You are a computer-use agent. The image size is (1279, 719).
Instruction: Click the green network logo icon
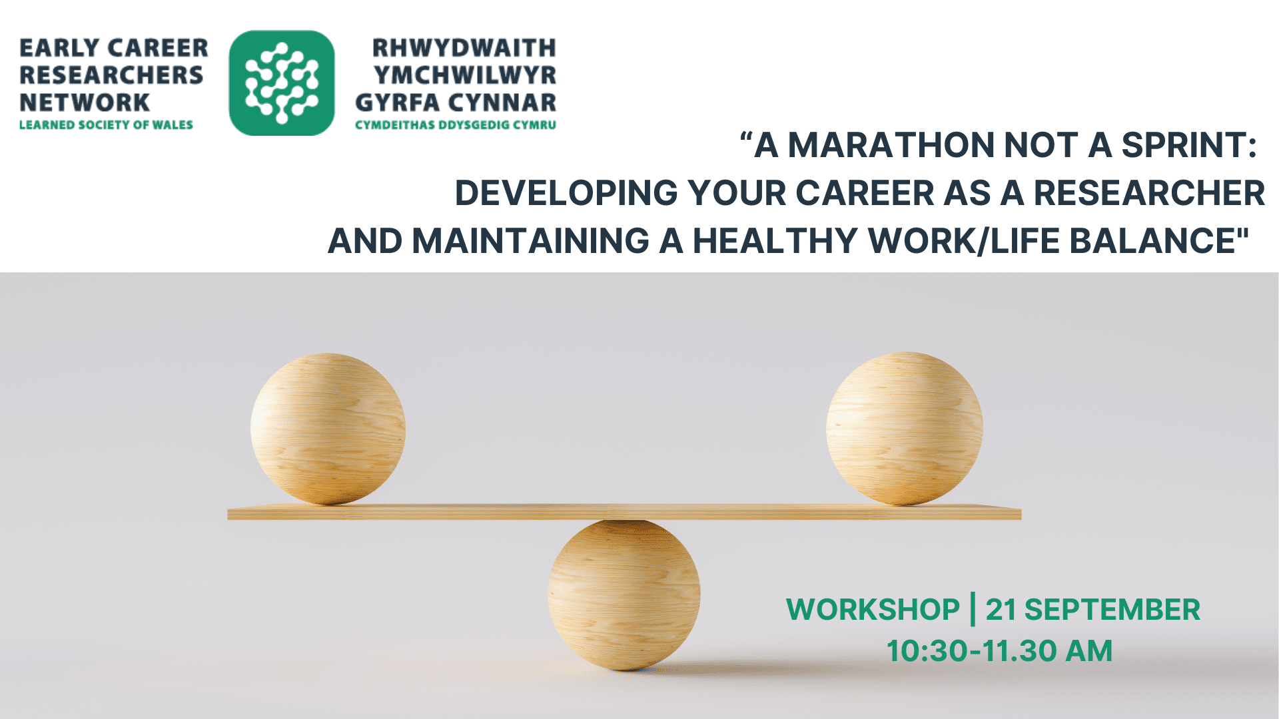[282, 83]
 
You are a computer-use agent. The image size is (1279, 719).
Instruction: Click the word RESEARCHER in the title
[1149, 193]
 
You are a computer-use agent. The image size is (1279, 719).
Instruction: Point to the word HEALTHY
[775, 241]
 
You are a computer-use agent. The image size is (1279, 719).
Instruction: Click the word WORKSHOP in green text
[873, 610]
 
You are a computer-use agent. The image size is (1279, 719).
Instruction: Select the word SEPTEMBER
[1112, 610]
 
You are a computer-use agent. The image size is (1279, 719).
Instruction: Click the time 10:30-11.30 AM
[999, 651]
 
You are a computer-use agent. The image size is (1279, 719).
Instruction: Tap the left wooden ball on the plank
[328, 429]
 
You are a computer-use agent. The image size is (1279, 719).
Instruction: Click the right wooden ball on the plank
[904, 428]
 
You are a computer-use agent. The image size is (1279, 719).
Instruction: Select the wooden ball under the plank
[624, 595]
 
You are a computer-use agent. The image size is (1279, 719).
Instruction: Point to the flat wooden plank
[624, 512]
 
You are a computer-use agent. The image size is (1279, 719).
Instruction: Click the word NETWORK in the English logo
[85, 103]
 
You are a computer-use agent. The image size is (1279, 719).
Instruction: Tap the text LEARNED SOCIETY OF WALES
[106, 125]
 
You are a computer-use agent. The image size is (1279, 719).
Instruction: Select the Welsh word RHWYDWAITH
[464, 48]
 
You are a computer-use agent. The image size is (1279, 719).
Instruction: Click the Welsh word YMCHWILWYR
[465, 75]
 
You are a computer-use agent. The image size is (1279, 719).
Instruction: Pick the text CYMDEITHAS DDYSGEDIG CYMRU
[456, 125]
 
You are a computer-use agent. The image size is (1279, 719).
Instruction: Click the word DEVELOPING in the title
[566, 193]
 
